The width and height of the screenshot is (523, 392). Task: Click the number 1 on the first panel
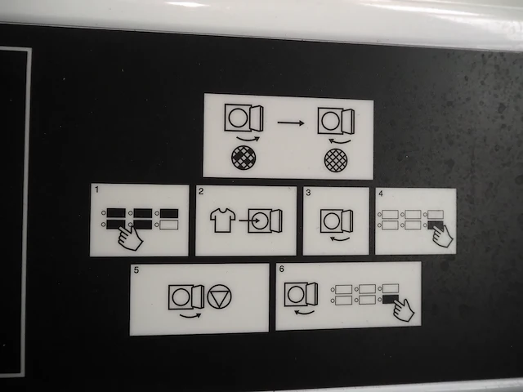coord(96,189)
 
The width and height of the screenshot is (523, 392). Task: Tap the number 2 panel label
coord(201,191)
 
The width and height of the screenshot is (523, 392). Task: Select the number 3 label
coord(308,193)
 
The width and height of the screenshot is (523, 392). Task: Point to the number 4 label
coord(381,194)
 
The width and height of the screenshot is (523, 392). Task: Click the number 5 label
coord(136,269)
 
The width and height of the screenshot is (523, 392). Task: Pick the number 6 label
coord(282,269)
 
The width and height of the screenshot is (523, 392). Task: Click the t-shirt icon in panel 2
coord(223,220)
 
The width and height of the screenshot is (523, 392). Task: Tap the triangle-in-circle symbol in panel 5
coord(219,296)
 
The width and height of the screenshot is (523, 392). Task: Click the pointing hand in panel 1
coord(130,238)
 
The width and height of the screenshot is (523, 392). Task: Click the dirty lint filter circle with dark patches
coord(244,158)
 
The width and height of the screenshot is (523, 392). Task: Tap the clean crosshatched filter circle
coord(336,160)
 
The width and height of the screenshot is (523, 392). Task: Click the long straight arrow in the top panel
coord(291,123)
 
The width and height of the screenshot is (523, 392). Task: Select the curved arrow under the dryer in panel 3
coord(340,238)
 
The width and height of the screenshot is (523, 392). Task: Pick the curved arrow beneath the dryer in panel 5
coord(190,315)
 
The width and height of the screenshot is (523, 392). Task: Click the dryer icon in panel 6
coord(301,294)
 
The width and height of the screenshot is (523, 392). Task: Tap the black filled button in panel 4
coord(436,225)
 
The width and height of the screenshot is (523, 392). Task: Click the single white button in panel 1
coord(169,225)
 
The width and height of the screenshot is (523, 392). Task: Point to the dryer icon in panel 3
coord(337,221)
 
